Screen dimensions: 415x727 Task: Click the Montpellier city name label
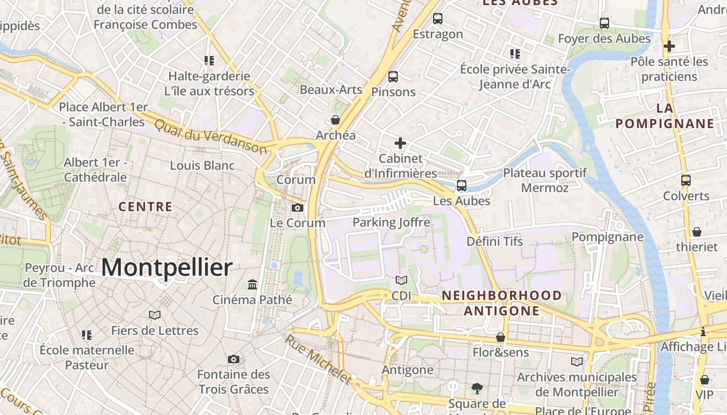pos(167,268)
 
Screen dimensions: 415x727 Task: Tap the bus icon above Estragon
pos(438,19)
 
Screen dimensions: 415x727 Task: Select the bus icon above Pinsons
pos(393,77)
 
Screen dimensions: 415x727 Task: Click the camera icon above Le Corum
pos(298,208)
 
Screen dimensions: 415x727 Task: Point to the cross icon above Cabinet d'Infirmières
pos(400,143)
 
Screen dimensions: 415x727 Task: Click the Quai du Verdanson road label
pos(211,136)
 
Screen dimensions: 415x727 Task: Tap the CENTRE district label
pos(145,206)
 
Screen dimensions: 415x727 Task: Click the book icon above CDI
pos(401,281)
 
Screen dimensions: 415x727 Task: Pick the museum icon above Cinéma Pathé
pos(252,284)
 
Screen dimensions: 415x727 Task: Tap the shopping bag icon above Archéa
pos(335,120)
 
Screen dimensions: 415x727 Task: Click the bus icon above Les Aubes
pos(462,185)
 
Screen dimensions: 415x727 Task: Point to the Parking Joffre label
pos(392,223)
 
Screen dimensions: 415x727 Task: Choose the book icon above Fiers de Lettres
pos(155,315)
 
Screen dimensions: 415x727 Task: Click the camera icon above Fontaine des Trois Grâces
pos(234,359)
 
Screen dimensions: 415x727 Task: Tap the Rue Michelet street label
pos(318,359)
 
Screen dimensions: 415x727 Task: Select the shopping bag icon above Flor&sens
pos(501,337)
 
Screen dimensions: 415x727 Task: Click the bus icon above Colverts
pos(686,181)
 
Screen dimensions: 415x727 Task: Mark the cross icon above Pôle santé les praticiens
pos(669,46)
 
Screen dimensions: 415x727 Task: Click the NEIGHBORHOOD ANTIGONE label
pos(502,303)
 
